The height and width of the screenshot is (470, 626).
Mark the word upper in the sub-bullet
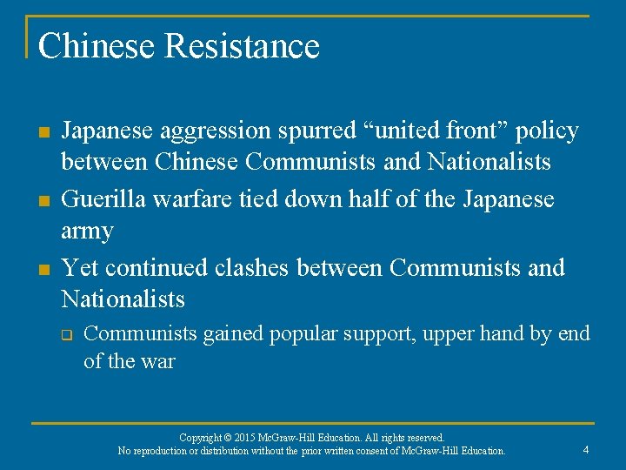click(452, 333)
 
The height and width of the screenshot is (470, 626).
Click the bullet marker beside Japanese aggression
click(43, 132)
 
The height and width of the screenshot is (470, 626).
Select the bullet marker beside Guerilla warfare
click(43, 200)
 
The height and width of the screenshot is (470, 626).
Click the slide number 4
click(586, 450)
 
